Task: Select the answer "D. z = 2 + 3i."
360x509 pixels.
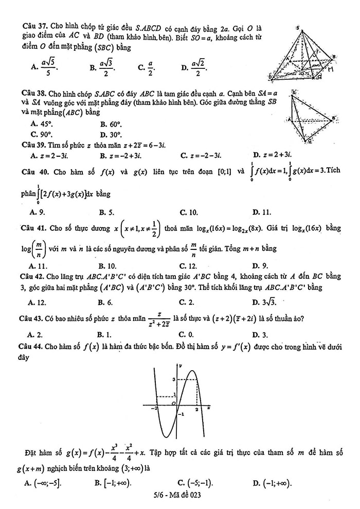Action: coord(273,155)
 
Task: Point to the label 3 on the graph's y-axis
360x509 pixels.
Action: coord(173,379)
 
